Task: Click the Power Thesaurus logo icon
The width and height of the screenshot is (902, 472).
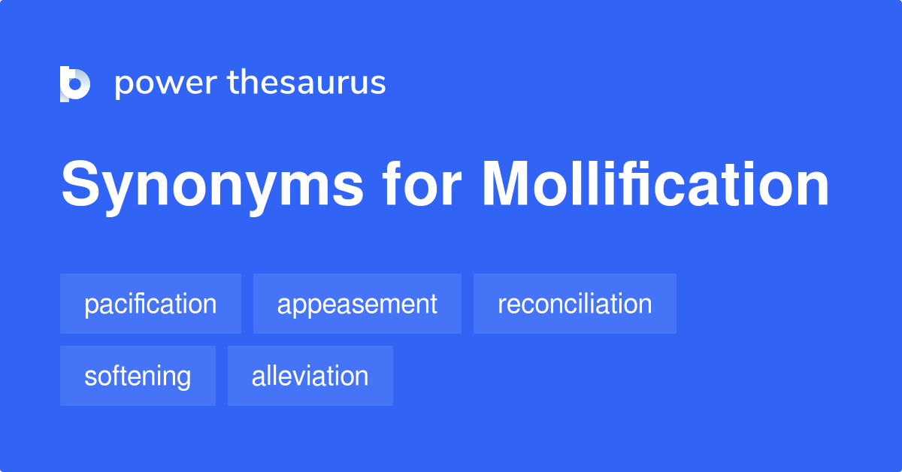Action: [75, 83]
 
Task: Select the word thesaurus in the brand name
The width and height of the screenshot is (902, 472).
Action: [307, 83]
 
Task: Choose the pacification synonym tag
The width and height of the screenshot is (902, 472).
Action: [150, 304]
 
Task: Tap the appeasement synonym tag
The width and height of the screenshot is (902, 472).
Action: [357, 304]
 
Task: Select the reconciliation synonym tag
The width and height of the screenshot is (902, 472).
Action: [574, 304]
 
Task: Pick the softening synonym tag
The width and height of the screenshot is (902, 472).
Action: [138, 376]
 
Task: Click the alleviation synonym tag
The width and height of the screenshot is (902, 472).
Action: [310, 376]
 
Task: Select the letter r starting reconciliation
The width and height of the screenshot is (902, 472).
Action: [501, 305]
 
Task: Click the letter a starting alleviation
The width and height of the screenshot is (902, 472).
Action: [258, 377]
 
